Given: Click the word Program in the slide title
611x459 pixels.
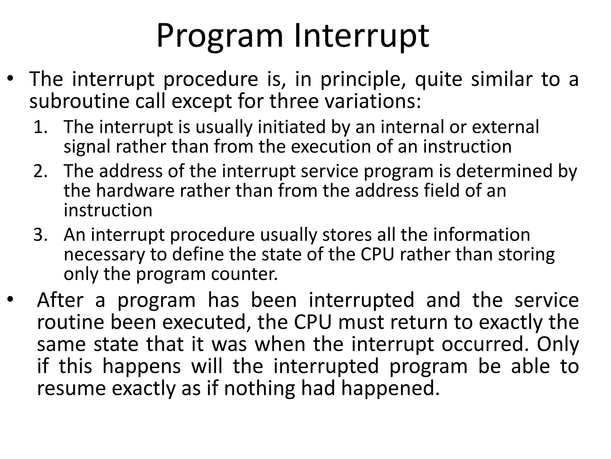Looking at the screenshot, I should click(219, 36).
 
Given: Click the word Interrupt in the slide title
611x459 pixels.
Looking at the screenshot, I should click(362, 36).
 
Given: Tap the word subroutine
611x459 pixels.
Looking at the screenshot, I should click(79, 101).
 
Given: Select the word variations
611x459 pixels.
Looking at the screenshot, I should click(373, 101).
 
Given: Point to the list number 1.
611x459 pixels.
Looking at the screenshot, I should click(40, 127).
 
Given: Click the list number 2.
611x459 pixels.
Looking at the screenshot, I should click(40, 171).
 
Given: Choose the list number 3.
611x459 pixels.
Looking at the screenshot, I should click(40, 235).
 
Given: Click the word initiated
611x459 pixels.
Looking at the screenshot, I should click(291, 127).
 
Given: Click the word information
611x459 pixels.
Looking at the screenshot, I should click(482, 235).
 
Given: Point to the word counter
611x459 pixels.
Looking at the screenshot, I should click(244, 274).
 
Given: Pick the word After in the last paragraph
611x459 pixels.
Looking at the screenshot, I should click(60, 300).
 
